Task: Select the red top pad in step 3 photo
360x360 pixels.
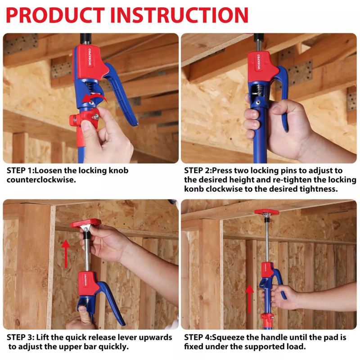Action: [x=85, y=223]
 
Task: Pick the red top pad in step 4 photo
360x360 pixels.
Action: [x=266, y=212]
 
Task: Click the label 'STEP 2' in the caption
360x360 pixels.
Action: [x=198, y=171]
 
